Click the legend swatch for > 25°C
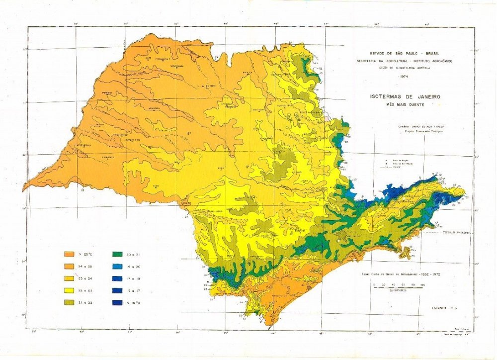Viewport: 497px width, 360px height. point(70,254)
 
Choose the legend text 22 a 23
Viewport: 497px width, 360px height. point(86,290)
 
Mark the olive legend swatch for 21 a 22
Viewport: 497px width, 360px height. point(70,302)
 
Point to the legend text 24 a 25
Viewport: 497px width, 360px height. point(86,266)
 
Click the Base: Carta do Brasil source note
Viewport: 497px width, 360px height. point(398,273)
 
